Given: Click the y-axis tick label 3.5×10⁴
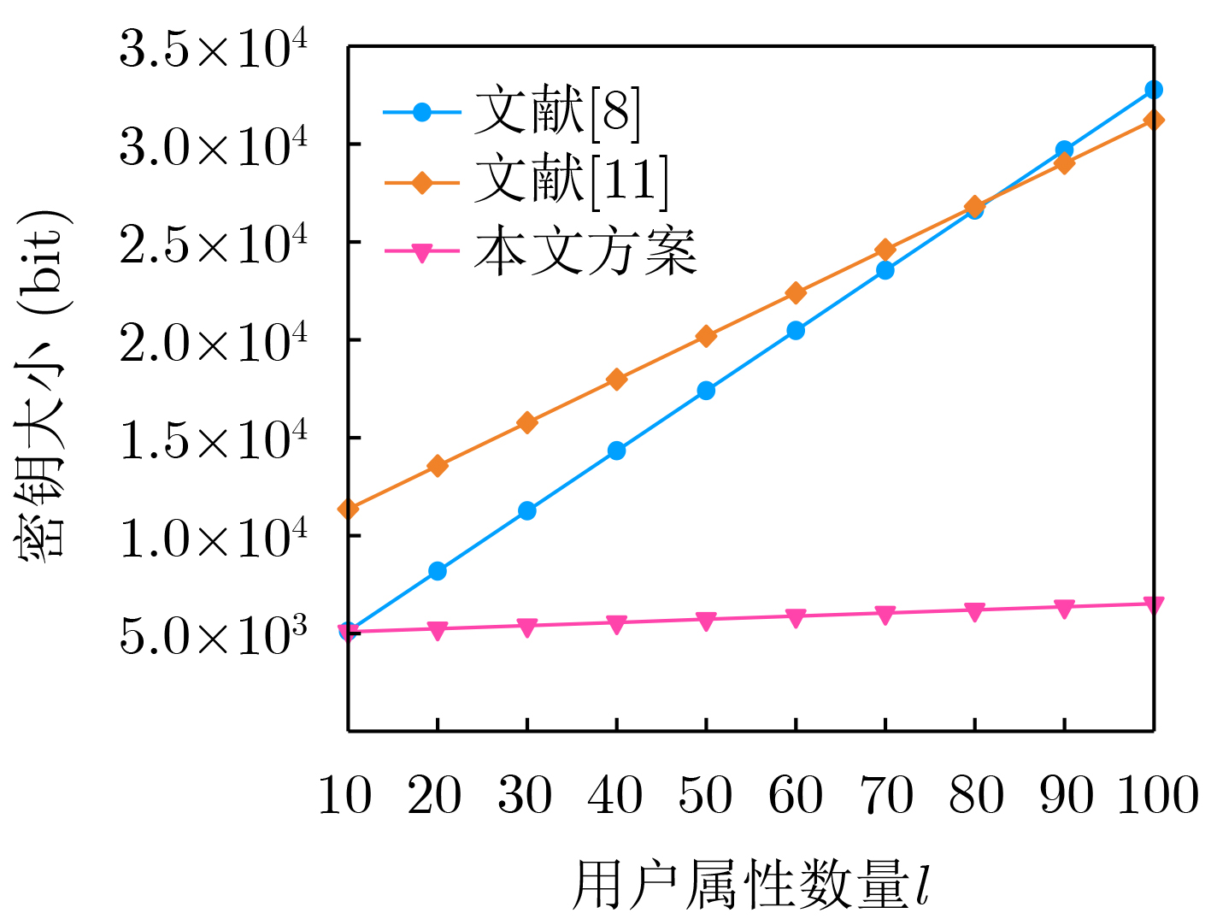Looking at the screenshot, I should click(x=213, y=50).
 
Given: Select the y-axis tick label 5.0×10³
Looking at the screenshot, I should click(x=213, y=636).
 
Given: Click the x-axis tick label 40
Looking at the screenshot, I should click(x=615, y=796).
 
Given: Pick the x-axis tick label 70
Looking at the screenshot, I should click(x=885, y=796).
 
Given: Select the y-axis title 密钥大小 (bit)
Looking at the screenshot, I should click(x=43, y=385).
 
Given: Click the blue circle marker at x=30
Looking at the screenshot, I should click(x=527, y=511).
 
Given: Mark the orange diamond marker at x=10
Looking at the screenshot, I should click(x=348, y=510).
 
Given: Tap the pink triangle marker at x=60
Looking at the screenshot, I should click(x=796, y=617).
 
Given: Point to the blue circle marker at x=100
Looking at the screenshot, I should click(x=1154, y=90).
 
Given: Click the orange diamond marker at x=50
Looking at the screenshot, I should click(x=706, y=336).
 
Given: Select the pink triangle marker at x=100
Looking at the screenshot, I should click(x=1154, y=605).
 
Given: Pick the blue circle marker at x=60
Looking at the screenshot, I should click(x=796, y=331).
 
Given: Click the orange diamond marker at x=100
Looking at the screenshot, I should click(x=1154, y=120).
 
